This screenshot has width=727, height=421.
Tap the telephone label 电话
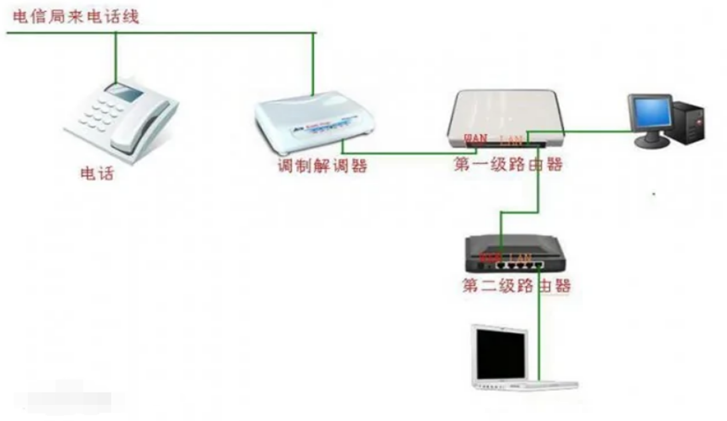tap(98, 174)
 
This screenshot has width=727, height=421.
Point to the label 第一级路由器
tap(508, 164)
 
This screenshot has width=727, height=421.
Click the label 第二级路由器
tap(516, 286)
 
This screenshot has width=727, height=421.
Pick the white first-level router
tap(505, 115)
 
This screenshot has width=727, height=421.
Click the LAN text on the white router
tap(510, 139)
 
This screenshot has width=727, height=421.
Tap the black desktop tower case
tap(690, 123)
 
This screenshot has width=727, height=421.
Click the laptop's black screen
tap(500, 354)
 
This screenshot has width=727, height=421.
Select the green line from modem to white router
tap(406, 153)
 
